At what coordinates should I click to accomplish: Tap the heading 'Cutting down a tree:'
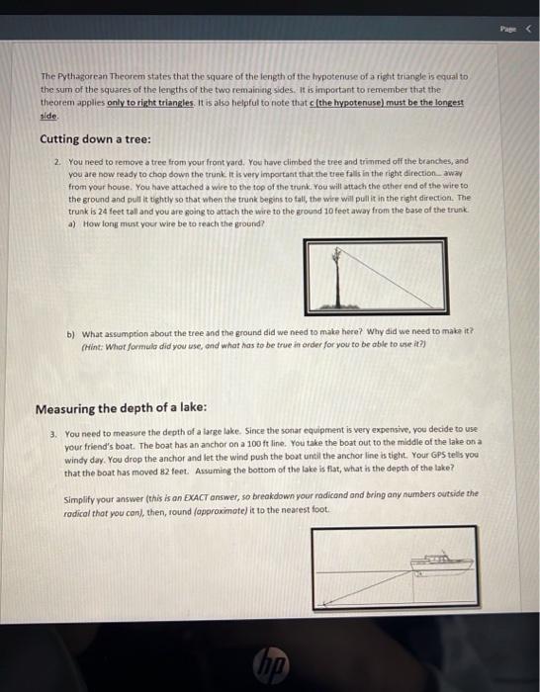[82, 138]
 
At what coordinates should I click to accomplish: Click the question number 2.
[58, 160]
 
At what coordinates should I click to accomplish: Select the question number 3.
[53, 433]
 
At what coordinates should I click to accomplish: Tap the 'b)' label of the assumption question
[71, 333]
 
